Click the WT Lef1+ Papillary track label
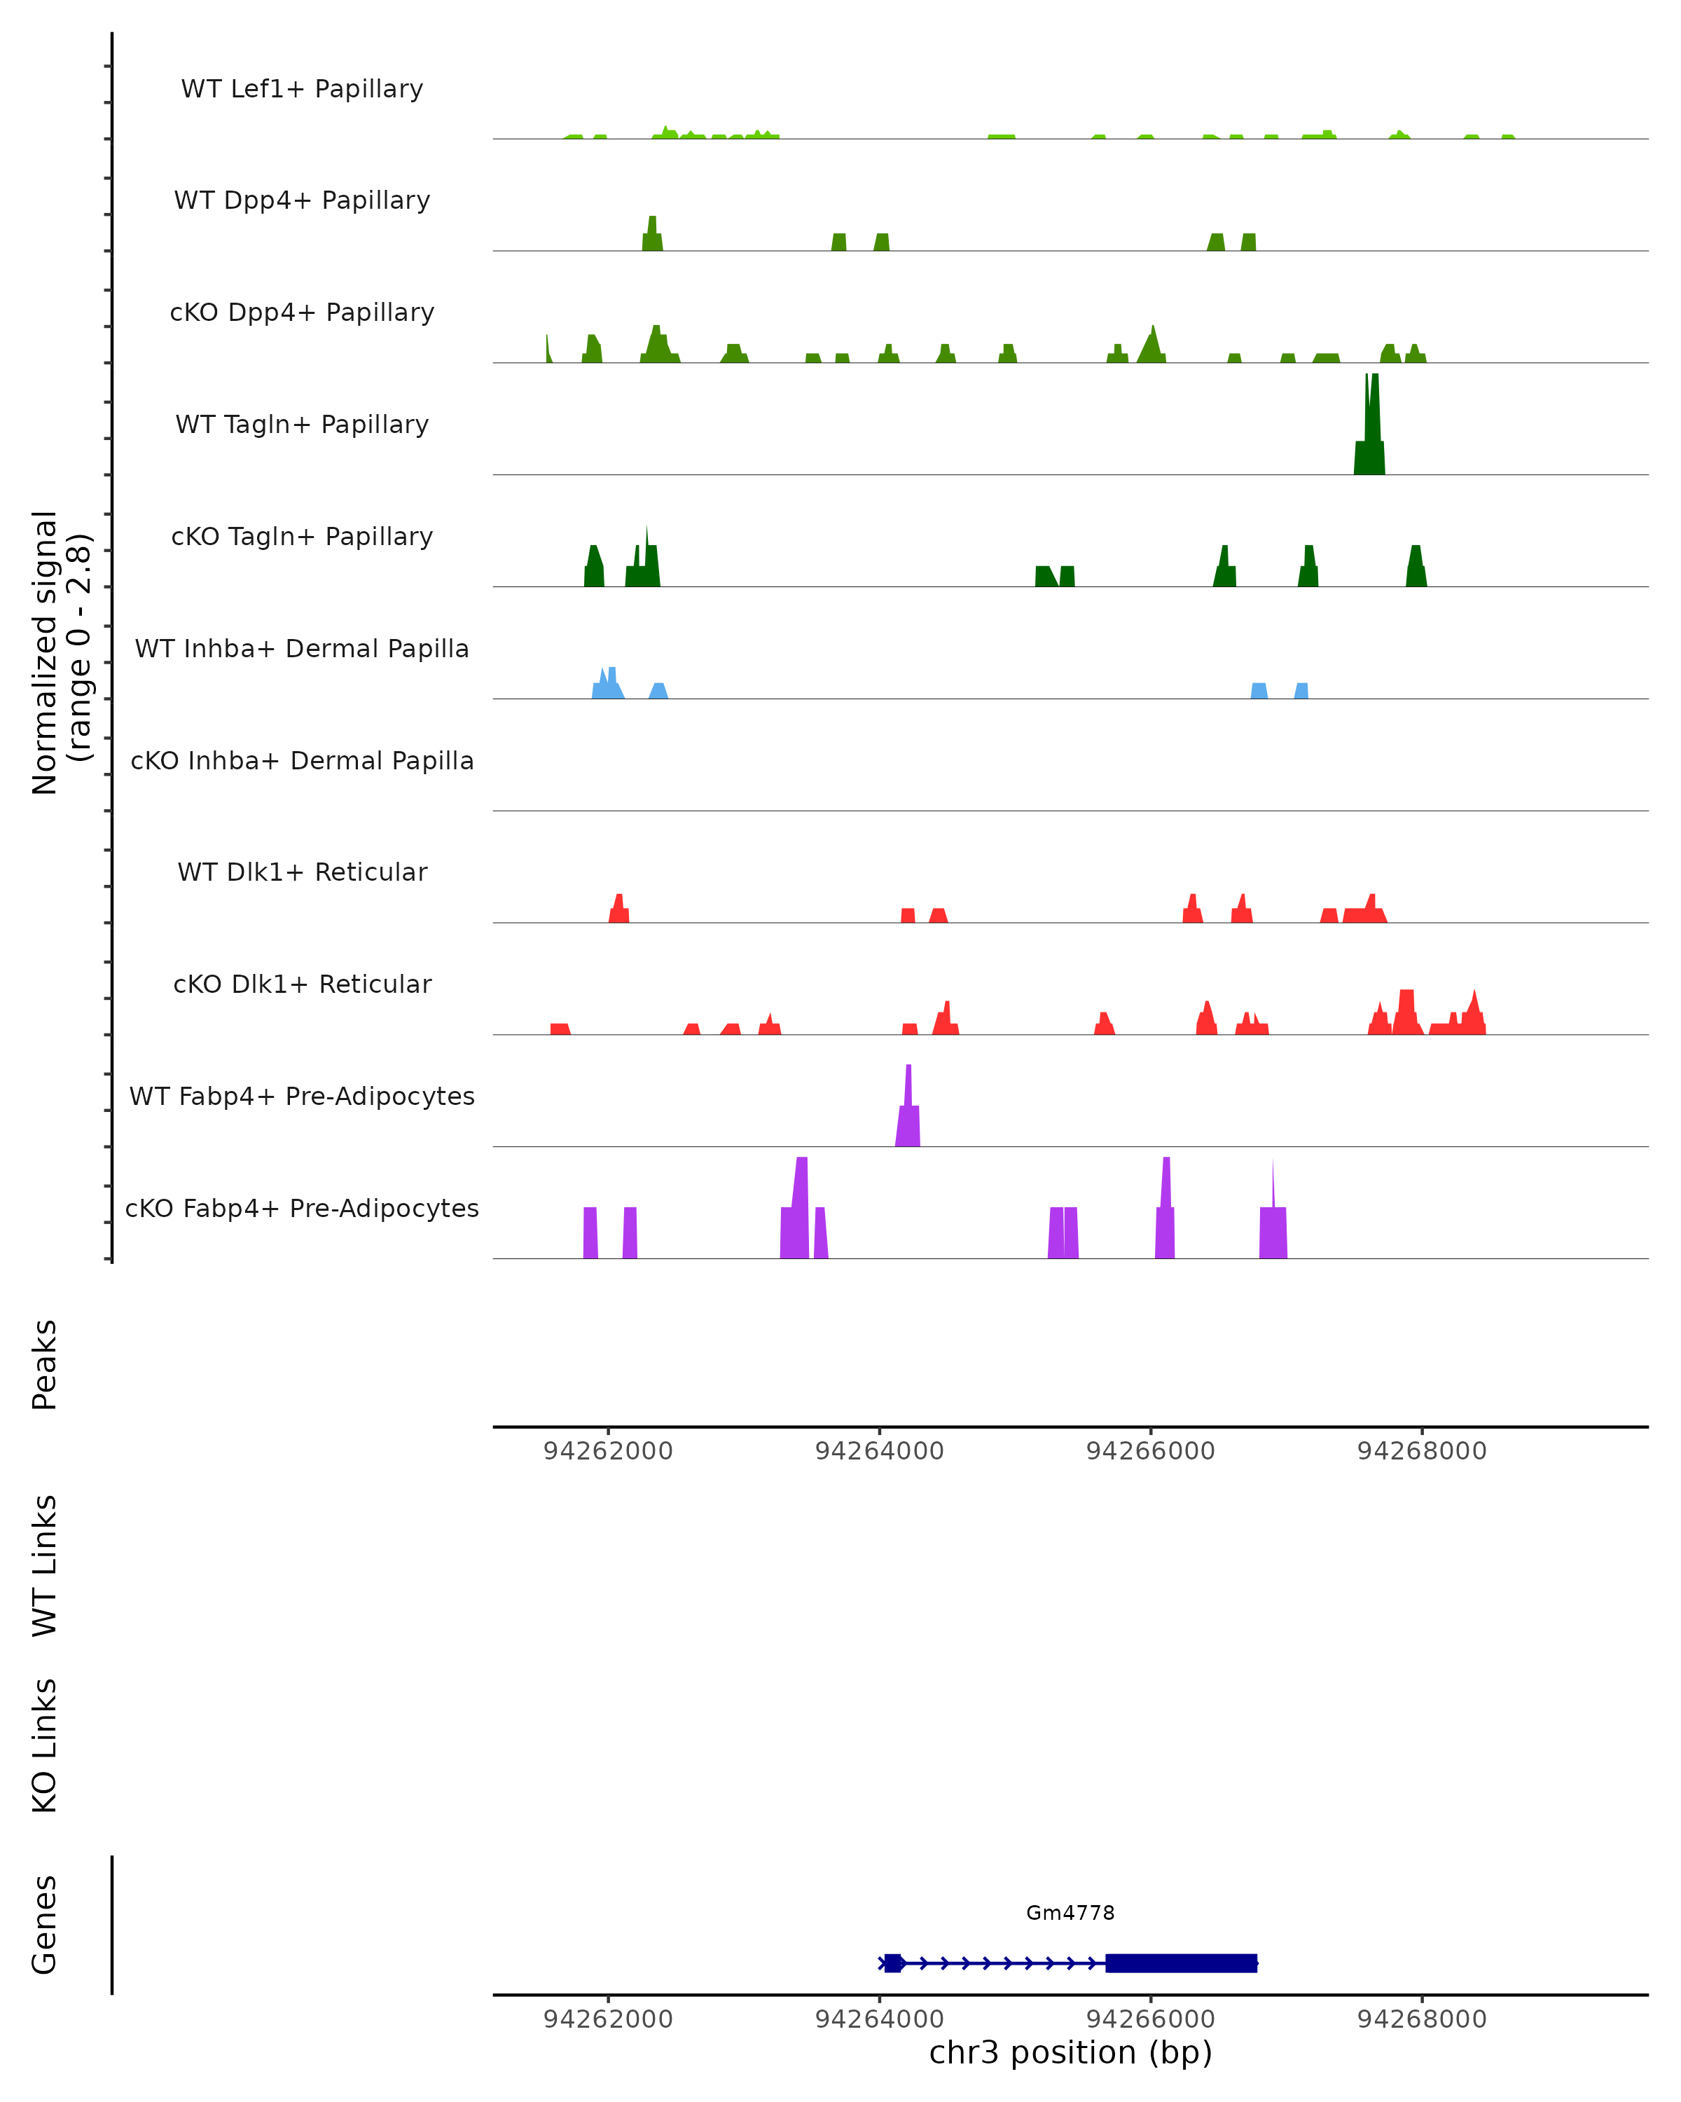pos(302,89)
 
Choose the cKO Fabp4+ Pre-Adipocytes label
pos(302,1208)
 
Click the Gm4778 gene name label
pos(1070,1913)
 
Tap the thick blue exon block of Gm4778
pos(1181,1963)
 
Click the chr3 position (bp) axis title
pos(1070,2052)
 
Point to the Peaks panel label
pos(45,1364)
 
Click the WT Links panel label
pos(45,1565)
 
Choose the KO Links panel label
pos(45,1745)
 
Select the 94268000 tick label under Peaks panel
pos(1422,1451)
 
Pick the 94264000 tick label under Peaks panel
pos(879,1451)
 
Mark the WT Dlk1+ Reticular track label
pos(302,872)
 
